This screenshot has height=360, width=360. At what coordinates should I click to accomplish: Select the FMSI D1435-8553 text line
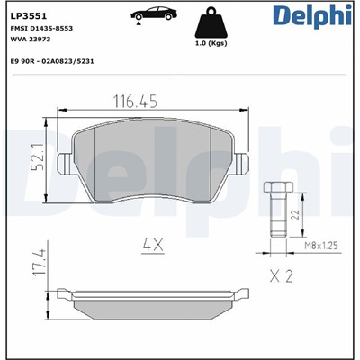[42, 29]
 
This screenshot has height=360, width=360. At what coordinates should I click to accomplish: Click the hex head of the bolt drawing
[275, 189]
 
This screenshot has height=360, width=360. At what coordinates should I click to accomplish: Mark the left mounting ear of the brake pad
[65, 164]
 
